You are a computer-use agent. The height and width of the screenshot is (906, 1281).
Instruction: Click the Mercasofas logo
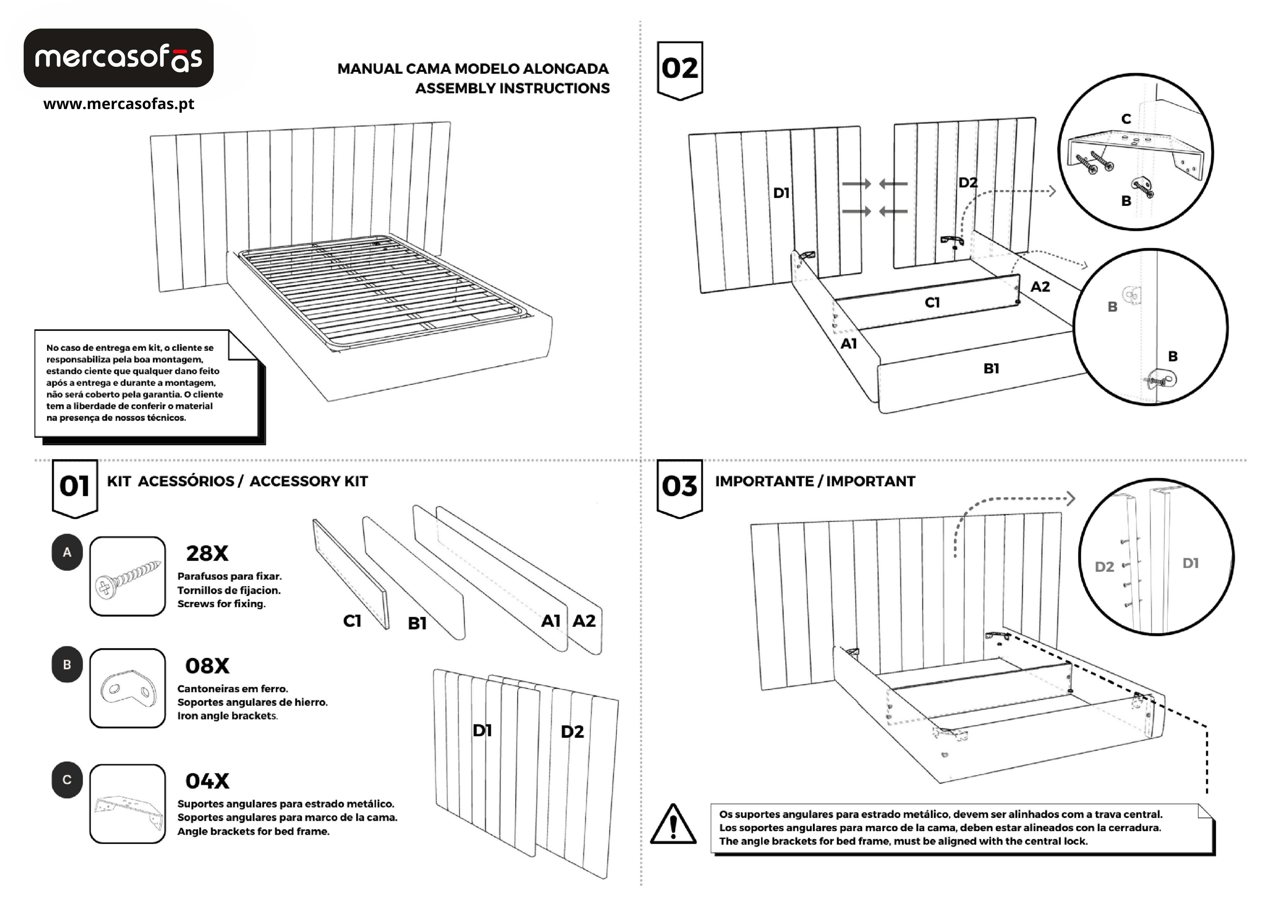click(x=118, y=58)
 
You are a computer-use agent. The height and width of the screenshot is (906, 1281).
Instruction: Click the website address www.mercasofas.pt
click(x=118, y=104)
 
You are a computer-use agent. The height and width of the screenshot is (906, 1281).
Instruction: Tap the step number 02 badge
click(x=679, y=69)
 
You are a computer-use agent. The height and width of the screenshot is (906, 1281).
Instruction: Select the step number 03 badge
click(x=679, y=487)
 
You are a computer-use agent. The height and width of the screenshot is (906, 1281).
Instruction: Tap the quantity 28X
click(x=207, y=554)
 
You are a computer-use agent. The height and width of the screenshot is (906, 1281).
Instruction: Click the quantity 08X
click(x=207, y=666)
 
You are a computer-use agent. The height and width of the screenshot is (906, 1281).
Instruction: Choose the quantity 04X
click(x=207, y=781)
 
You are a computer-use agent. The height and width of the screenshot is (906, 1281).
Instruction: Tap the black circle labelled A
click(x=67, y=552)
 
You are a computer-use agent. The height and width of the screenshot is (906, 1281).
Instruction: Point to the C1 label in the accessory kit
click(x=352, y=621)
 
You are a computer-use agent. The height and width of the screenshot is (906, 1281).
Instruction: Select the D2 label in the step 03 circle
click(x=1104, y=567)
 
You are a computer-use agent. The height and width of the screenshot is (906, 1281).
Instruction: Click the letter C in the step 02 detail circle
click(x=1126, y=119)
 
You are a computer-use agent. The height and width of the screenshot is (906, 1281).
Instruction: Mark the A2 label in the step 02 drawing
click(x=1040, y=287)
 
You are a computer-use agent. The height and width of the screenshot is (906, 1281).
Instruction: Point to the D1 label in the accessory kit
click(x=482, y=730)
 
